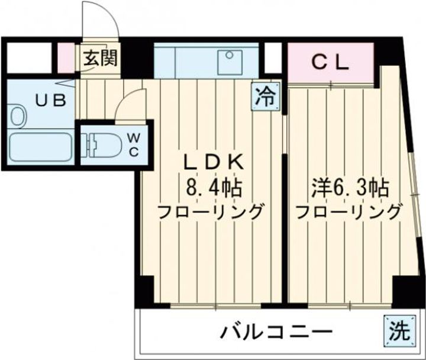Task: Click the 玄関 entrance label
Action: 99,58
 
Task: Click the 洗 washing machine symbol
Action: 399,329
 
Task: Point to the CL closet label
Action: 330,62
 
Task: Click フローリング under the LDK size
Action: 210,211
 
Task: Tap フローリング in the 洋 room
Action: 348,211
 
